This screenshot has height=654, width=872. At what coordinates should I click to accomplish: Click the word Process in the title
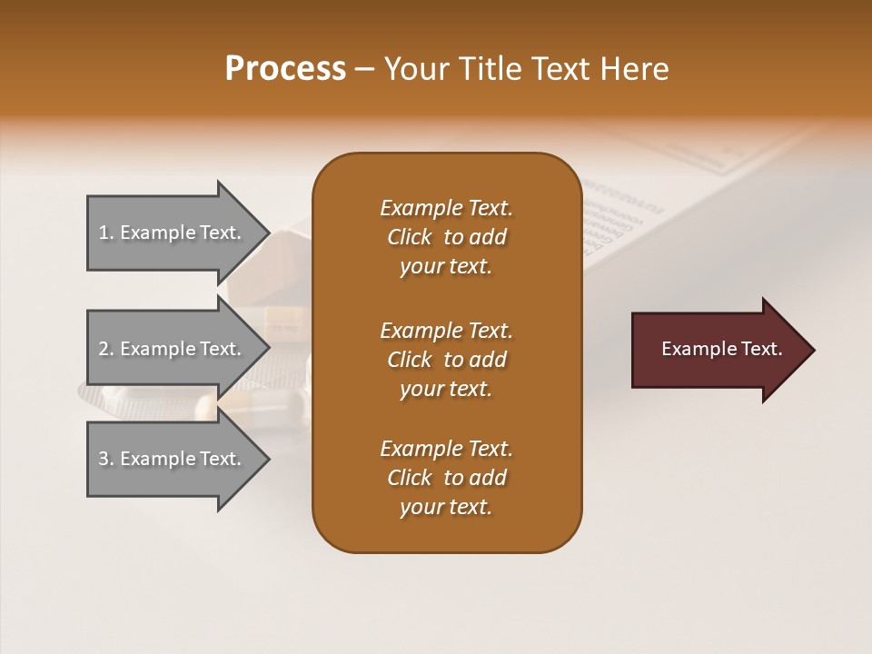click(x=285, y=69)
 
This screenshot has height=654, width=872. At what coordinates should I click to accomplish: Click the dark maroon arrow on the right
click(x=718, y=350)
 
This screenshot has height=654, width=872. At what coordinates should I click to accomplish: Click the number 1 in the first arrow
click(x=104, y=233)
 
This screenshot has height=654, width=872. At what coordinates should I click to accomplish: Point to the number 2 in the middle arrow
click(x=104, y=349)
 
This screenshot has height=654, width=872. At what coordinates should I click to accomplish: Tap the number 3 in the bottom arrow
click(x=104, y=459)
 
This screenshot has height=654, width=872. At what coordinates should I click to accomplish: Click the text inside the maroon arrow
click(x=722, y=349)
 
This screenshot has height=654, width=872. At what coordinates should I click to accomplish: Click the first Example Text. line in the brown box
click(x=446, y=208)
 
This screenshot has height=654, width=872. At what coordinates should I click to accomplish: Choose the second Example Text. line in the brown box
click(x=446, y=331)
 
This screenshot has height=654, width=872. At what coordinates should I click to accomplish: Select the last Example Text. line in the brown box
click(x=446, y=449)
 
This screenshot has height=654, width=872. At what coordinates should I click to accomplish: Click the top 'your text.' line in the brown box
click(x=446, y=267)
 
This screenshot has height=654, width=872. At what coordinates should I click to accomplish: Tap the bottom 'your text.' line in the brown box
click(x=446, y=508)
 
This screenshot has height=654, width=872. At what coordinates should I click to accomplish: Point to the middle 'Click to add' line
click(x=446, y=360)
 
